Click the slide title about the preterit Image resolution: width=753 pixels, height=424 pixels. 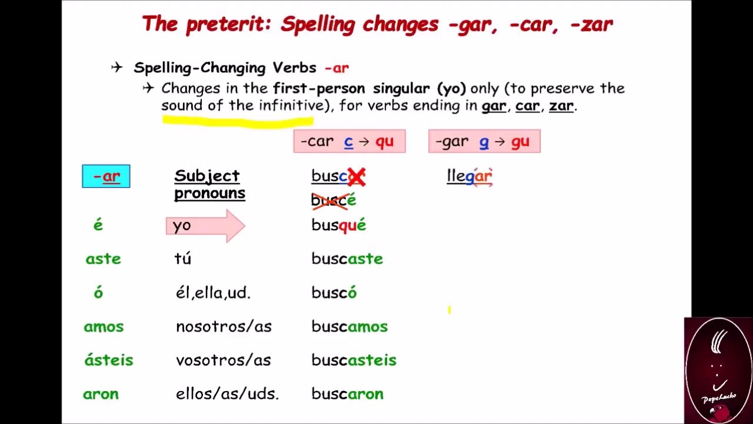click(x=377, y=25)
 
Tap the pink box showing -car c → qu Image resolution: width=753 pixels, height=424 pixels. click(x=349, y=141)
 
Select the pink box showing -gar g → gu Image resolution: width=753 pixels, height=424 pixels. click(x=484, y=141)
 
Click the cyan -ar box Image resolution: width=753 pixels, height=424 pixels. click(x=106, y=177)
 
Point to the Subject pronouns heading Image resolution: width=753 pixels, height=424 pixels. click(x=209, y=184)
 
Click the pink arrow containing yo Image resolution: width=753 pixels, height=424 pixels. click(x=205, y=226)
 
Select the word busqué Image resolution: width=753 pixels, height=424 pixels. click(x=339, y=226)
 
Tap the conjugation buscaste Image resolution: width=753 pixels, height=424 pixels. click(x=347, y=259)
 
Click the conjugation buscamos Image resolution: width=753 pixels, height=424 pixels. click(x=349, y=327)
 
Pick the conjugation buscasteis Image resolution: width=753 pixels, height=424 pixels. click(x=354, y=360)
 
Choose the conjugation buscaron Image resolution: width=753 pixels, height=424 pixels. click(x=347, y=394)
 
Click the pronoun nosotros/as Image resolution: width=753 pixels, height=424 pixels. click(x=224, y=327)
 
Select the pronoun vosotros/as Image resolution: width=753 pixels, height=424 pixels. click(x=224, y=360)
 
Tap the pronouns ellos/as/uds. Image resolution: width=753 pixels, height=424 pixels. click(x=227, y=394)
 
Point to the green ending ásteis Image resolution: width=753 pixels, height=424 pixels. click(x=109, y=360)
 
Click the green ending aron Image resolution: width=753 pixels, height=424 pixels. click(x=101, y=394)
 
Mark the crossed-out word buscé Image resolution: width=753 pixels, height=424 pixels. click(x=334, y=201)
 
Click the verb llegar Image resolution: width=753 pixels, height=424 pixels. click(x=469, y=176)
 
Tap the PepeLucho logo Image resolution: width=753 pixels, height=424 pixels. click(x=718, y=370)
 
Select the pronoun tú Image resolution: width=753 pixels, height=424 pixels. click(x=183, y=259)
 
